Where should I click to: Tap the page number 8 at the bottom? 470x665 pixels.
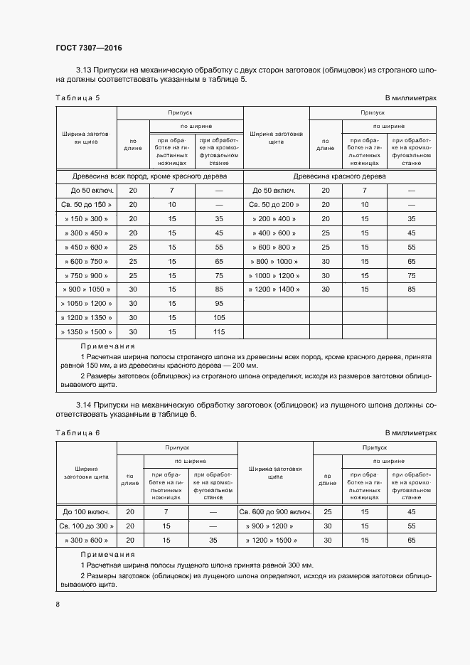57,604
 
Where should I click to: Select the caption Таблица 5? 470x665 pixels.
78,98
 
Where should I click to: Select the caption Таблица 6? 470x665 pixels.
78,432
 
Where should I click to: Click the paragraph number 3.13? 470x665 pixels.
84,70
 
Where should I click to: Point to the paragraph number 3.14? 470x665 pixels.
84,404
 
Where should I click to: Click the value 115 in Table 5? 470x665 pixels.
218,331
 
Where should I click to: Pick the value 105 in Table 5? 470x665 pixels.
218,317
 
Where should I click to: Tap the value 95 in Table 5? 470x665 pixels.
218,303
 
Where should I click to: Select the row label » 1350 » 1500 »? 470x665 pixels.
86,331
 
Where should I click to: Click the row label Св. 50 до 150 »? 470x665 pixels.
86,204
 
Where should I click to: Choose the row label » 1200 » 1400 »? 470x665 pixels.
274,289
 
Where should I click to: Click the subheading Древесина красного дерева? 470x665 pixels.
339,176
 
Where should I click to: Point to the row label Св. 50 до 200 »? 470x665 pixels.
274,204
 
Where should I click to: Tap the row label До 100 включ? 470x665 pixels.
86,511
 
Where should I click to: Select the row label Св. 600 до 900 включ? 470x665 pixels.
274,511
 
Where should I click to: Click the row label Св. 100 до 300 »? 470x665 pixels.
86,526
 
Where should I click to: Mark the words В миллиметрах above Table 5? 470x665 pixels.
410,98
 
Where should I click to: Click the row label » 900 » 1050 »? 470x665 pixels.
86,289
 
